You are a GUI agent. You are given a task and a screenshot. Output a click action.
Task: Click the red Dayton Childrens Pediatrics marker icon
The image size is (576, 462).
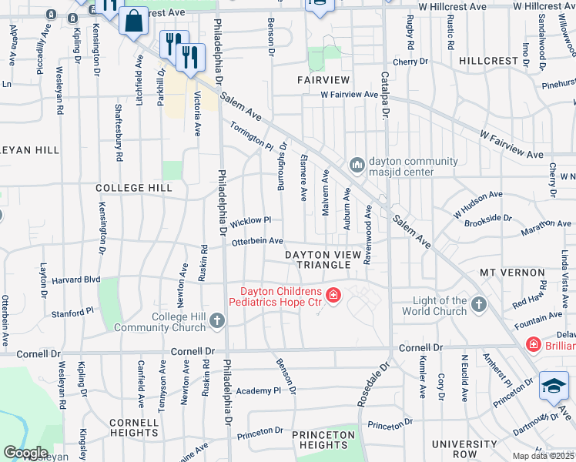[x=333, y=296]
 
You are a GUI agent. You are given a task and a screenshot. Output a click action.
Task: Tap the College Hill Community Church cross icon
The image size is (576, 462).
[x=217, y=320]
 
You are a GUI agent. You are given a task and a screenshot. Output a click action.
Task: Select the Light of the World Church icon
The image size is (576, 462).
[x=478, y=305]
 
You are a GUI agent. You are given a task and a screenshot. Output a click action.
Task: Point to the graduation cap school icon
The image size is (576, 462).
[x=554, y=387]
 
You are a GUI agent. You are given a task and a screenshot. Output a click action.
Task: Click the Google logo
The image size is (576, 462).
[x=25, y=453]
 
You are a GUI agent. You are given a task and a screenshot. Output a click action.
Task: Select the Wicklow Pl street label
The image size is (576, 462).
[x=251, y=220]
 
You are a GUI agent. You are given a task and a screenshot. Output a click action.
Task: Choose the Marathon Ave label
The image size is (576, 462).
[x=544, y=224]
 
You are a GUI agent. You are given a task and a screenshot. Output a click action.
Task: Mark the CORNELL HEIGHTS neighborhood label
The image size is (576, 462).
[x=134, y=428]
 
